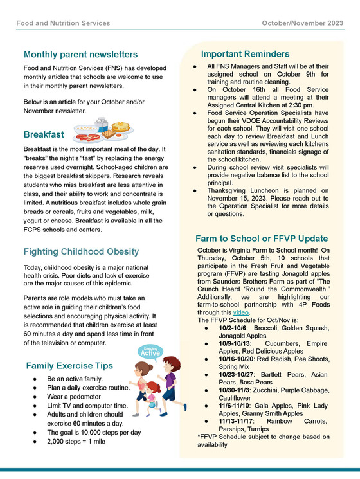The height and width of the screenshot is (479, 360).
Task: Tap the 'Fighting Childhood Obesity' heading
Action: [81, 251]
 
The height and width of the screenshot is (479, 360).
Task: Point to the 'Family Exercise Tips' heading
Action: [69, 366]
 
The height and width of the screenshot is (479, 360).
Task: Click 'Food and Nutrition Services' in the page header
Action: [63, 23]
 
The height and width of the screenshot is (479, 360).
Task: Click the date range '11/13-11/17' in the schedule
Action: [237, 421]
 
